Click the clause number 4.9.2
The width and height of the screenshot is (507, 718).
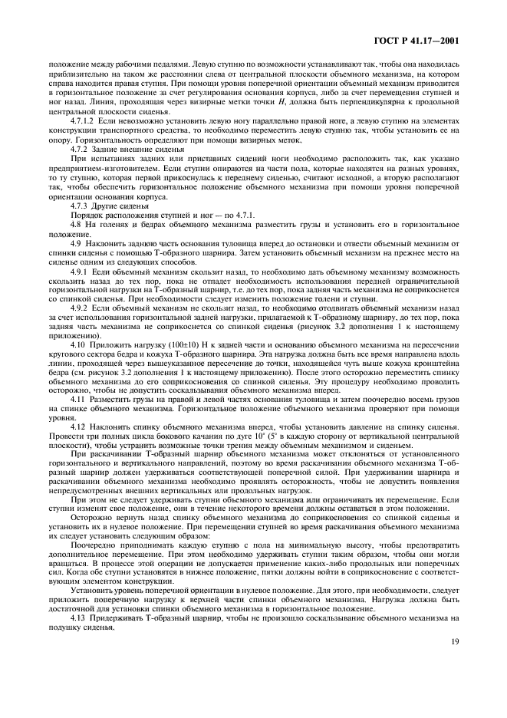point(79,307)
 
